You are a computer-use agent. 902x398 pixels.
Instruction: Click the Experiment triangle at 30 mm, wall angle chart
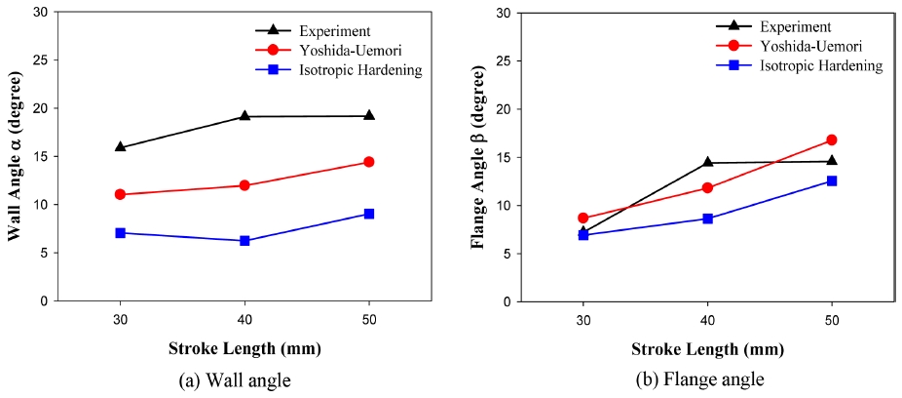point(120,147)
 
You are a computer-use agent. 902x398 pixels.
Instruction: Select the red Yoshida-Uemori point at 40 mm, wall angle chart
point(244,185)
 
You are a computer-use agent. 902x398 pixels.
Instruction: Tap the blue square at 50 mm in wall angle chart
point(369,214)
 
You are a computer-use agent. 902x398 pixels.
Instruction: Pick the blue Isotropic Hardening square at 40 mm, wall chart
point(244,240)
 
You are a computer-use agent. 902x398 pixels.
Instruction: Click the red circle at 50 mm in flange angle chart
point(832,140)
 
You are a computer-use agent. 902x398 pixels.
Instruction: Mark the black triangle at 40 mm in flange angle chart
point(707,162)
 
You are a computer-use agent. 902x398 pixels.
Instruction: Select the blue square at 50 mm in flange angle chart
point(832,180)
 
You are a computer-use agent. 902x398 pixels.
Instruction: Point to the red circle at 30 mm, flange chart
point(583,219)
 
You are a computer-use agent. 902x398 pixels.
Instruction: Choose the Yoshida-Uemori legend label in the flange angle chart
point(811,47)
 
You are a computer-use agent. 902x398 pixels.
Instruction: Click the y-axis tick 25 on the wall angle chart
point(38,60)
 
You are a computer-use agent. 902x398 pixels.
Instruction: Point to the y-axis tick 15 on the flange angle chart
point(501,157)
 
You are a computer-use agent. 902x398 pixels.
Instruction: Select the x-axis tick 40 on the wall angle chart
point(244,319)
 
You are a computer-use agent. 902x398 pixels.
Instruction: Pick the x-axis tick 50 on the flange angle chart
point(832,319)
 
